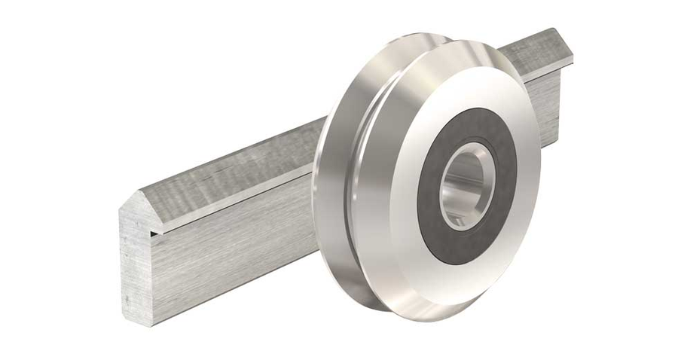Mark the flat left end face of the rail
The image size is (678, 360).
tap(136, 264)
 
